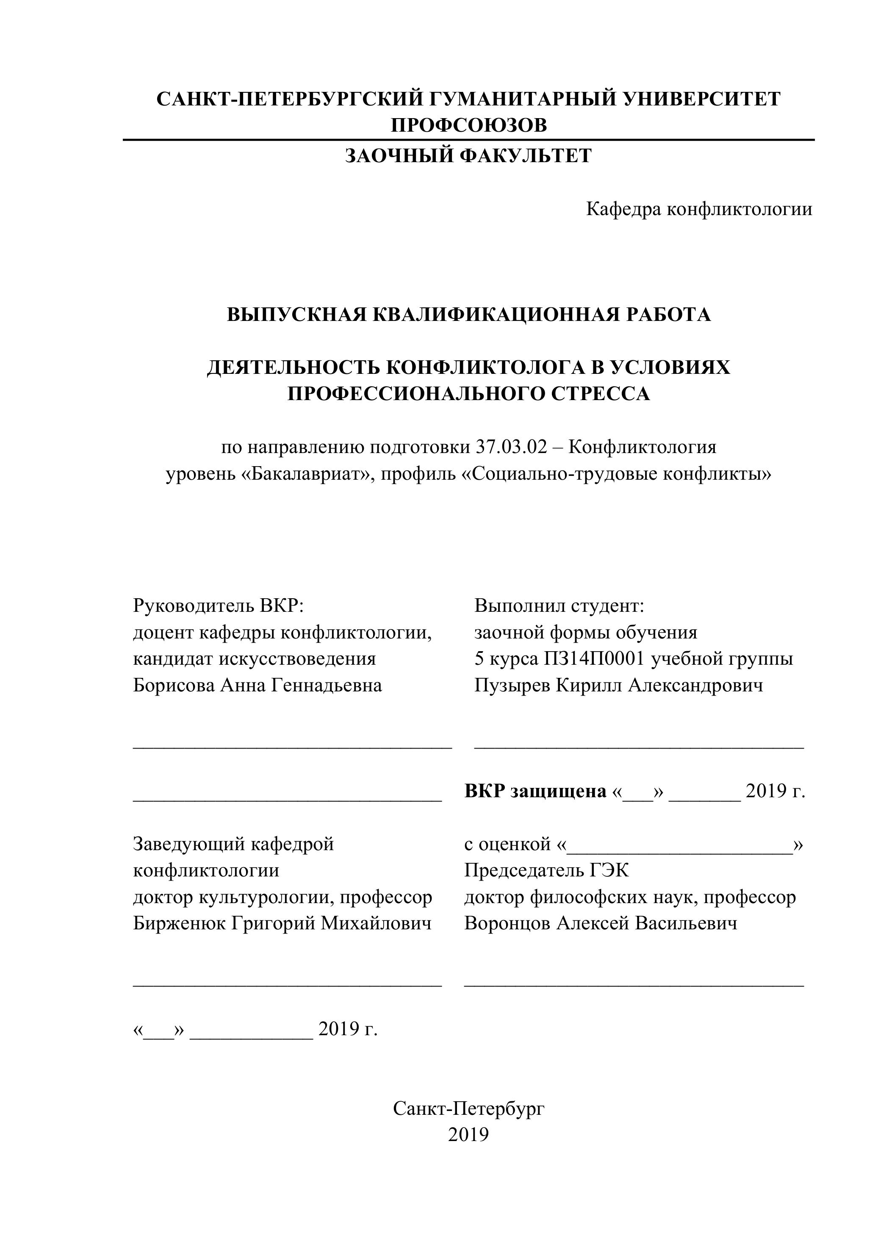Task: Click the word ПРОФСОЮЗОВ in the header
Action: pyautogui.click(x=468, y=125)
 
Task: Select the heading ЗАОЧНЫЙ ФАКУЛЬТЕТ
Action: pyautogui.click(x=468, y=156)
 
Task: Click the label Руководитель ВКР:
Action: pyautogui.click(x=219, y=605)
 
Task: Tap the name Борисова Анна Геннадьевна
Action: pyautogui.click(x=258, y=685)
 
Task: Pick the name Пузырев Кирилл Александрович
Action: pyautogui.click(x=619, y=685)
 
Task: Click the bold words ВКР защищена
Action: pyautogui.click(x=535, y=791)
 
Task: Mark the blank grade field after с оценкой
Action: pyautogui.click(x=680, y=844)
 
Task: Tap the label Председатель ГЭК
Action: pyautogui.click(x=546, y=870)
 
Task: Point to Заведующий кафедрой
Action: pyautogui.click(x=233, y=844)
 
